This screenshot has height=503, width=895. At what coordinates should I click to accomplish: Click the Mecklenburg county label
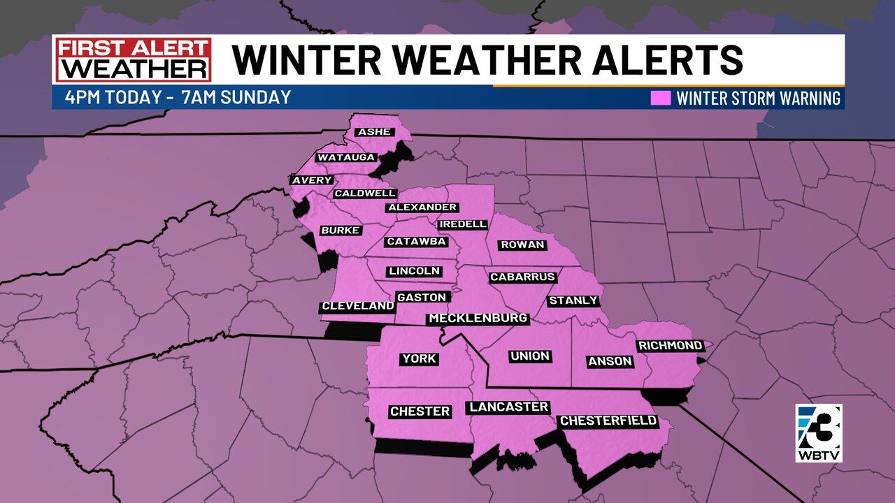coord(478,319)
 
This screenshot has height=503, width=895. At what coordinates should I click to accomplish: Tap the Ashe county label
coord(373,132)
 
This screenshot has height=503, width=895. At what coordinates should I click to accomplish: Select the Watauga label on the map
coord(346,157)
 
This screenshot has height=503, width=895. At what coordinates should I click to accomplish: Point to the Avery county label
coord(312,180)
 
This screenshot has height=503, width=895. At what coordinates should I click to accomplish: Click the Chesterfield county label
coord(608,421)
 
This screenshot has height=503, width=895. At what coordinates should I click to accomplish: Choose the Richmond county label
coord(670,346)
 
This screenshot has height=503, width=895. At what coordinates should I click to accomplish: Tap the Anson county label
coord(610,361)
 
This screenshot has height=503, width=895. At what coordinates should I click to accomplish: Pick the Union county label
coord(530,356)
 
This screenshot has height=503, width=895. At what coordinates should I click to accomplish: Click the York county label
coord(419,359)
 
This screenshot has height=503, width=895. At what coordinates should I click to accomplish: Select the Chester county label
coord(420,411)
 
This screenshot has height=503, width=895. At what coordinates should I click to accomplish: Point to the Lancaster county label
coord(509,407)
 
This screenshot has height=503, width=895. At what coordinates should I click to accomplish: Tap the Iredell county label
coord(462,224)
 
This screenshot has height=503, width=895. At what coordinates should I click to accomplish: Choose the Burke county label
coord(340,231)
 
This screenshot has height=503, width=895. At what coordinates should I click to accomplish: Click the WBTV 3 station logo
coord(818,433)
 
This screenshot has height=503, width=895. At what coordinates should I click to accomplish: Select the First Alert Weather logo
coord(134,60)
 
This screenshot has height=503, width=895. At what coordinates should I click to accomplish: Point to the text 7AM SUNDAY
coord(236,97)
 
